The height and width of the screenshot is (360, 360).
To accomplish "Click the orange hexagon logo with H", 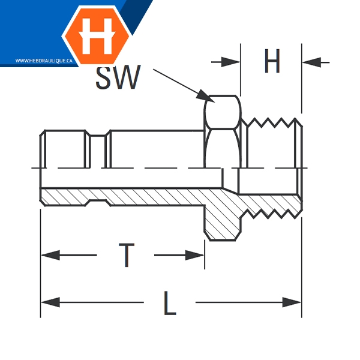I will point(96,34).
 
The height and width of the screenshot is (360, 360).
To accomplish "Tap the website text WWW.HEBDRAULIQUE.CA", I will point(40,61).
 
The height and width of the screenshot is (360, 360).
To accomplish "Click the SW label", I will point(118,77).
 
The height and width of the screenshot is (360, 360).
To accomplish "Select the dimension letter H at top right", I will point(272,62).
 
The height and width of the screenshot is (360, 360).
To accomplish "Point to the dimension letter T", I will point(126,256).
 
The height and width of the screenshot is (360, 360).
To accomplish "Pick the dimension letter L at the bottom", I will point(170,303).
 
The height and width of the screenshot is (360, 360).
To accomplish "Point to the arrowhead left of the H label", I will point(233,62).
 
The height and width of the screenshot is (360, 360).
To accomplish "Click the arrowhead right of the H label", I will point(309,62).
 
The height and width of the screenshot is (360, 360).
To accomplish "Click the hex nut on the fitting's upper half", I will point(223,129).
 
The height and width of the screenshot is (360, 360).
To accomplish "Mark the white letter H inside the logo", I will point(96,34).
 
